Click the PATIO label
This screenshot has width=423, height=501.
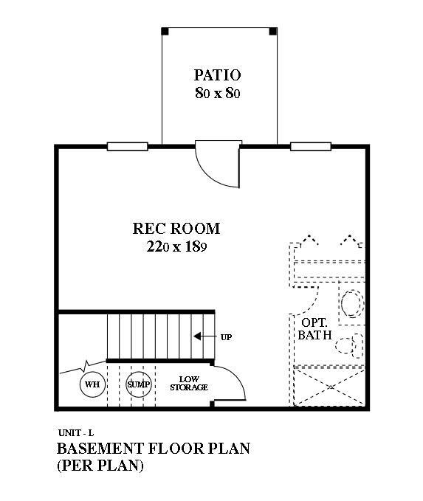coord(218,75)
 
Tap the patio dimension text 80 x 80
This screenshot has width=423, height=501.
coord(218,94)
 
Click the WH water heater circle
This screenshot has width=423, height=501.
coord(92,385)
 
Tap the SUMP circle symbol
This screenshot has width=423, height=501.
coord(138,385)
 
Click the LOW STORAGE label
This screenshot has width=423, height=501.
coord(189,384)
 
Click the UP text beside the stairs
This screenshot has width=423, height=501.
coord(227,337)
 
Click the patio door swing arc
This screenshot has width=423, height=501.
coord(216,168)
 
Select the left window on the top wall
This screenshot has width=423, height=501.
coord(127,146)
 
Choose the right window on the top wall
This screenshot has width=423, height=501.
coord(310,146)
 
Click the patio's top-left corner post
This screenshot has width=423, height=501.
coord(165,31)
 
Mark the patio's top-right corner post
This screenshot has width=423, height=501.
coord(273,31)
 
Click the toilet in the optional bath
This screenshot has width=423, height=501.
coord(352,303)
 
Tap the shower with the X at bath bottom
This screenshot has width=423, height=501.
coord(329,385)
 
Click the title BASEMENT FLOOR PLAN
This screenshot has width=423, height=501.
coord(153,449)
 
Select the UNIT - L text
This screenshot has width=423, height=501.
coord(74,432)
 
